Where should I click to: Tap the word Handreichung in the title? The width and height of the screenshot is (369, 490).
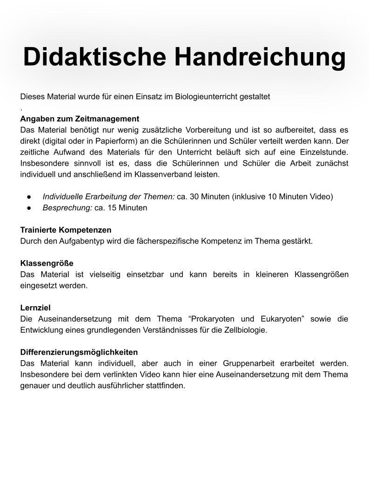260,57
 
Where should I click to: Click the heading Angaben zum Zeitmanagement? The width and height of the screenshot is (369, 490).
80,119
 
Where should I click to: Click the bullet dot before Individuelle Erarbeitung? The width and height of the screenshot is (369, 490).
29,197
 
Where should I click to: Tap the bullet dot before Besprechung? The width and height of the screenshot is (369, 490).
29,208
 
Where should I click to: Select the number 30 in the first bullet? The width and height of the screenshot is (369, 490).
195,197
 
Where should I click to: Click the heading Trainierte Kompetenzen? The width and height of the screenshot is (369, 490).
66,230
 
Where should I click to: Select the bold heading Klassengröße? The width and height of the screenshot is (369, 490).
47,263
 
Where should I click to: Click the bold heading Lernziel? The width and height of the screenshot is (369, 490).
35,308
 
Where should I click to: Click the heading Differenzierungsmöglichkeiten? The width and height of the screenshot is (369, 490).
79,352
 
